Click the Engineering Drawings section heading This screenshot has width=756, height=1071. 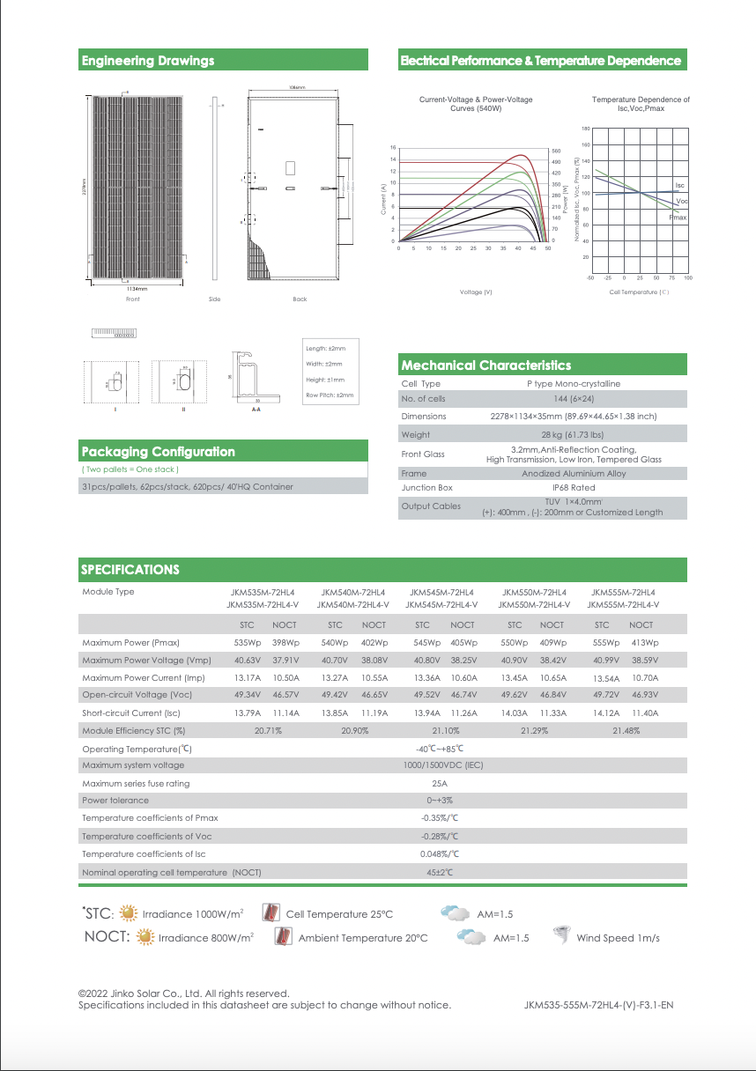point(148,61)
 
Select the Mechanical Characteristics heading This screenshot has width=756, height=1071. point(485,366)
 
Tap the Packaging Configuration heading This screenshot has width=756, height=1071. point(159,452)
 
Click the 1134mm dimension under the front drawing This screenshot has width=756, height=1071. point(137,288)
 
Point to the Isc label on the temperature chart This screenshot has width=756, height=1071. point(679,186)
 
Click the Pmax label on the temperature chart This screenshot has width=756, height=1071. point(678,217)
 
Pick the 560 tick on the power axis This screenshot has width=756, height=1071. point(556,151)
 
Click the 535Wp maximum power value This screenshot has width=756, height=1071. point(246,643)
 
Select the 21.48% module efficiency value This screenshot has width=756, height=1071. point(625,730)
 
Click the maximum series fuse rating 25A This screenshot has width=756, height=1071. point(440,783)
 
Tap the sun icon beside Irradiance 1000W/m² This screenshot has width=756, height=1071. point(128,913)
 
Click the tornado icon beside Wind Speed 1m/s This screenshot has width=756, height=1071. point(560,936)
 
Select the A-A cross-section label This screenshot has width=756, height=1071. point(256,410)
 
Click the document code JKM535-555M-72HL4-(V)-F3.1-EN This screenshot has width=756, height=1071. point(598,1005)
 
